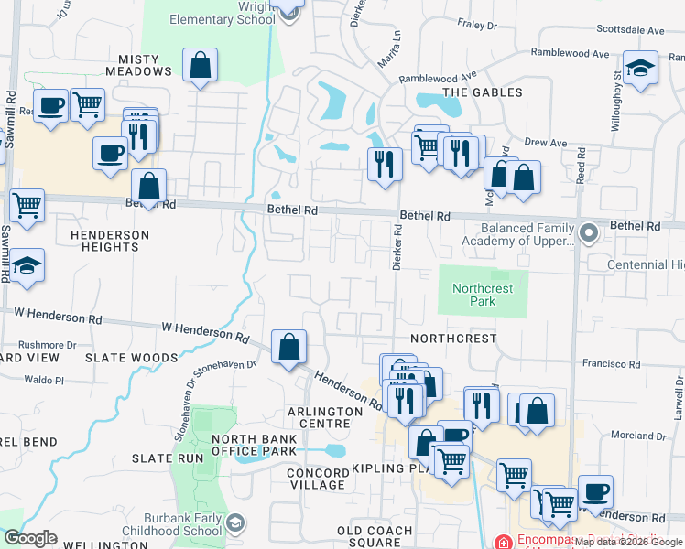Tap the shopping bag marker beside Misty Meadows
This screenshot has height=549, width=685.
200,67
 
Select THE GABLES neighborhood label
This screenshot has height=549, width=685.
482,92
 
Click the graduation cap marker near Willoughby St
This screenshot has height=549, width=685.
641,69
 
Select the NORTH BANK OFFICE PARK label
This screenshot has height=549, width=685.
255,445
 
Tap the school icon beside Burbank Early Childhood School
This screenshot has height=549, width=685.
236,523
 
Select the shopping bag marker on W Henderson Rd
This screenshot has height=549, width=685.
289,348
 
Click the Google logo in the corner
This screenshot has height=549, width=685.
30,538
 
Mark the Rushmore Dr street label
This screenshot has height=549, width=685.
39,345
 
